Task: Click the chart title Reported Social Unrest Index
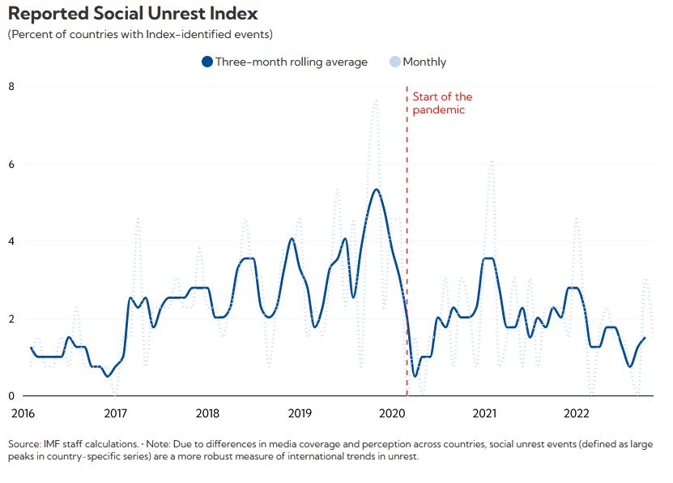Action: point(133,14)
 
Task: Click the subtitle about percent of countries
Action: point(139,34)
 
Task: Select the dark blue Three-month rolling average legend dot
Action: point(207,62)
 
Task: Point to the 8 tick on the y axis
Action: point(11,86)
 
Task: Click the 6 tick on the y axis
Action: point(11,164)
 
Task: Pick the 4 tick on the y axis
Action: point(11,241)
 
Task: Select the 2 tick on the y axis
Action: point(11,318)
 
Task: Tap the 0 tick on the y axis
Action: point(11,395)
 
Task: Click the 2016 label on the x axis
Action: point(23,413)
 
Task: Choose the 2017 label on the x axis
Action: point(116,413)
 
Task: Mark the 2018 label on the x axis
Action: point(208,413)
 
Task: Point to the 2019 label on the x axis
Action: point(300,413)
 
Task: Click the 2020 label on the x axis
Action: point(393,413)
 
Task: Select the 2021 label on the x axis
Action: point(484,413)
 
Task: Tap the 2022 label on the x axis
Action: point(577,413)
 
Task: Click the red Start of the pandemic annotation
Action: point(442,103)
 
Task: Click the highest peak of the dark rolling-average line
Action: point(376,190)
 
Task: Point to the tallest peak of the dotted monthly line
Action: point(376,101)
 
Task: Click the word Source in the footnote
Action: point(25,445)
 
